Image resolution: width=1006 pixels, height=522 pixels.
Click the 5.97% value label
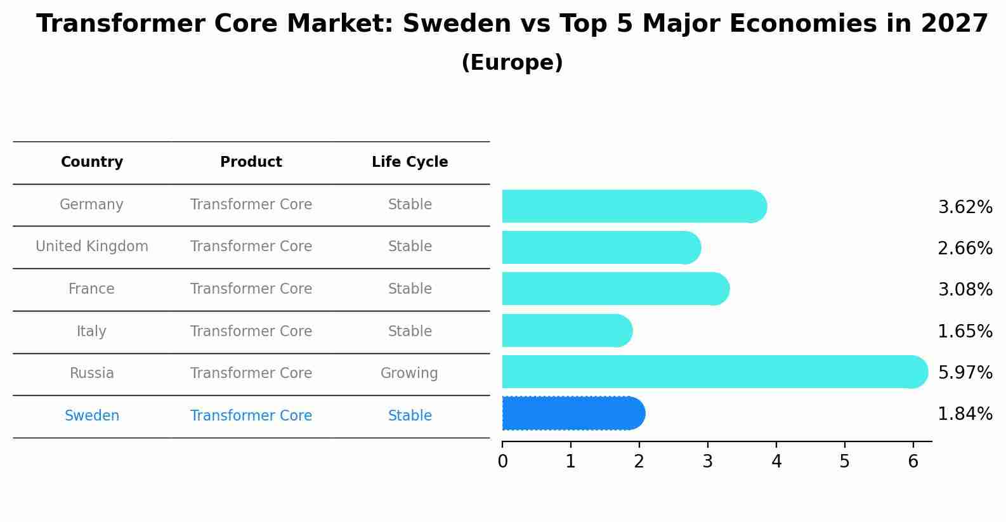[x=965, y=372]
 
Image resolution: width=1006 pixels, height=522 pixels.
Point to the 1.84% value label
[x=965, y=414]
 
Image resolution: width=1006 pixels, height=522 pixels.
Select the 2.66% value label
[x=965, y=248]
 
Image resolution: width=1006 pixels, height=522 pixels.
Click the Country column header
[x=92, y=162]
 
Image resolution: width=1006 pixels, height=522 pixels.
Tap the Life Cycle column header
[x=410, y=162]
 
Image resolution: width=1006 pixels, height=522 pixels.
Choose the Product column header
[x=251, y=162]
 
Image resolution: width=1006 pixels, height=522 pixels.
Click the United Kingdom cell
[x=92, y=247]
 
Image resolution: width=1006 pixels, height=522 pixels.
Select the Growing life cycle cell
[x=409, y=374]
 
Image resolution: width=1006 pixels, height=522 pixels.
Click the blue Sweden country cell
[x=92, y=416]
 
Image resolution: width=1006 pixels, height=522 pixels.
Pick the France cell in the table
[x=92, y=289]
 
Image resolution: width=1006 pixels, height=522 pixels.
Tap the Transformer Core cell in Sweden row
[x=251, y=416]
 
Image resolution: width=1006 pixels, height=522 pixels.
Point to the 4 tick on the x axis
[x=776, y=461]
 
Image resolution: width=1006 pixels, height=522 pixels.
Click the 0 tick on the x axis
[x=502, y=461]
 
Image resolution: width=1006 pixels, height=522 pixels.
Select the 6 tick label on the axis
[x=913, y=461]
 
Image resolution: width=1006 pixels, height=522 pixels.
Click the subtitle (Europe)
[x=512, y=63]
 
